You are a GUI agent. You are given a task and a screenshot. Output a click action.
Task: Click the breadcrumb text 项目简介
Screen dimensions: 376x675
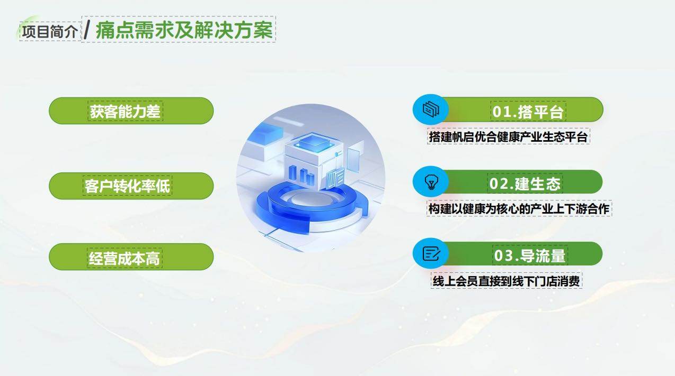click(50, 31)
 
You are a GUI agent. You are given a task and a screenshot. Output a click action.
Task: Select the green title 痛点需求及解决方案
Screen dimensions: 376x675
click(184, 30)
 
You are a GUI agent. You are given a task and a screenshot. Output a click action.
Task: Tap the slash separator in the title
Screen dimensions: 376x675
click(87, 30)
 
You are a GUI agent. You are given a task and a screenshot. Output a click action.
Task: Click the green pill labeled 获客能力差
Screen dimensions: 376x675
click(131, 111)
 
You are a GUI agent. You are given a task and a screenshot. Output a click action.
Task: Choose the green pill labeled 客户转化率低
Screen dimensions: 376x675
click(131, 186)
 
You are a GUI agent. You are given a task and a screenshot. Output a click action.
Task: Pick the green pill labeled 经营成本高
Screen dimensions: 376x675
click(131, 258)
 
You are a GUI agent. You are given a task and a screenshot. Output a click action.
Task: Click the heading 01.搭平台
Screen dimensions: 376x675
click(528, 111)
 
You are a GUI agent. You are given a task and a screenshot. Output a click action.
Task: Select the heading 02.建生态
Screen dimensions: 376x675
click(525, 183)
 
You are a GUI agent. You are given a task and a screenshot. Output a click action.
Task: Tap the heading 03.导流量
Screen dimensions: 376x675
click(529, 255)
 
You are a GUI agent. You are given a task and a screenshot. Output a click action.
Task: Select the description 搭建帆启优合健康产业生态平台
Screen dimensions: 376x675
click(508, 137)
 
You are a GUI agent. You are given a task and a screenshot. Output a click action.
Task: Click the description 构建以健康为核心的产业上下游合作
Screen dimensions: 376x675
click(519, 209)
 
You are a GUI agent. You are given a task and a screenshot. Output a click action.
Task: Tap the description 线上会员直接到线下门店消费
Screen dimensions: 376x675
click(507, 281)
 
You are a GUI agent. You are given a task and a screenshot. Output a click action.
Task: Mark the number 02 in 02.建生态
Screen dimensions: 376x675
click(499, 184)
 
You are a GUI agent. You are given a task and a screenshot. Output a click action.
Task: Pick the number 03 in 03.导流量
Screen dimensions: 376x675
click(504, 256)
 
